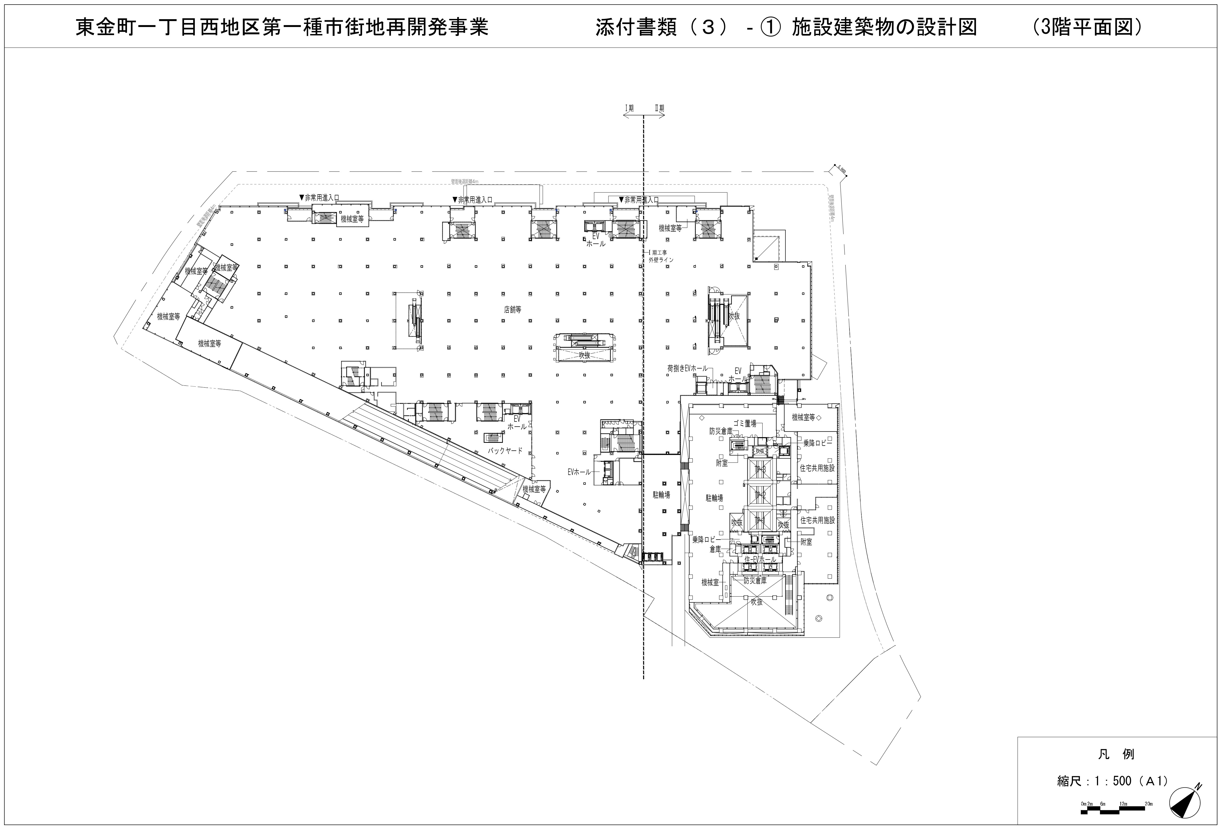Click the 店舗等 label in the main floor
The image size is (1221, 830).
point(512,310)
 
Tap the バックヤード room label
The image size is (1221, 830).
point(505,451)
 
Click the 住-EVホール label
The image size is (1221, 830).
point(760,560)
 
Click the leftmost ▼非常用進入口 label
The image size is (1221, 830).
point(319,198)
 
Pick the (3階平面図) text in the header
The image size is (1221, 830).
point(1086,27)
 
